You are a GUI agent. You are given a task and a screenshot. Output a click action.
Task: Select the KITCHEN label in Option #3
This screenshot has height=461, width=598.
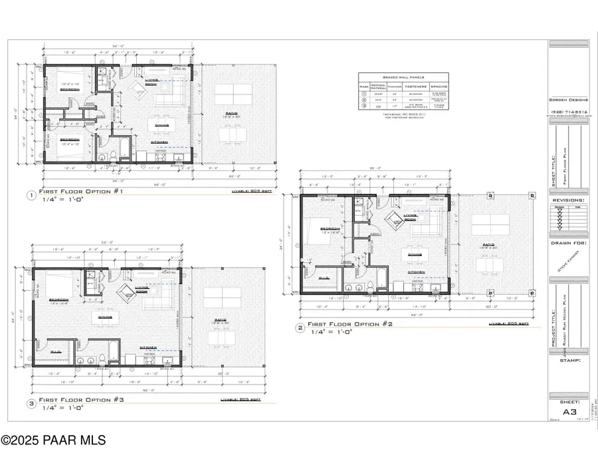pyautogui.click(x=148, y=347)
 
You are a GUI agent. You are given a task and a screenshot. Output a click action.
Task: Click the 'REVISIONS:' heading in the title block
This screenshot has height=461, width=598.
pyautogui.click(x=569, y=200)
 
